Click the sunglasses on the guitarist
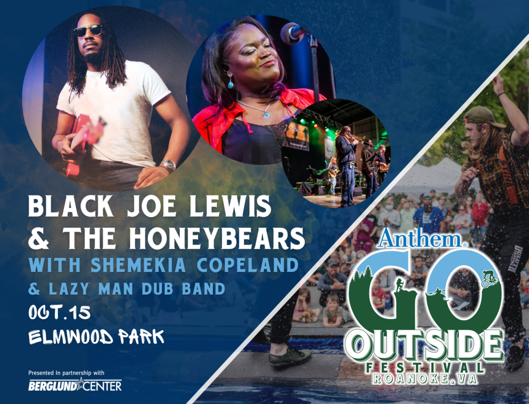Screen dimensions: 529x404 [x=88, y=31]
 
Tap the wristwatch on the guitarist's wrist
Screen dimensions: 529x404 [x=168, y=166]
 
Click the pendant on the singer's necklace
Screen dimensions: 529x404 [x=267, y=115]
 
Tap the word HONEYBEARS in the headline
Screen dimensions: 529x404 [x=217, y=238]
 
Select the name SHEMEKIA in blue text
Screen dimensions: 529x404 [x=138, y=265]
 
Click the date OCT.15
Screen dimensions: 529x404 [x=59, y=313]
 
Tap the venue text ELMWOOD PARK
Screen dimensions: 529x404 [x=96, y=337]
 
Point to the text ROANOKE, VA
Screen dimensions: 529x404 [x=425, y=378]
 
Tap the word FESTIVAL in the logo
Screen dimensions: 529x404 [x=425, y=367]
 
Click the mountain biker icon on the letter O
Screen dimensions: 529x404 [x=490, y=278]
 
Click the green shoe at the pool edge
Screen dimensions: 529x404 [x=290, y=357]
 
